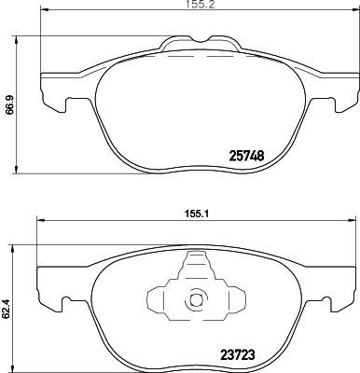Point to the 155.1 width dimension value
coord(194,212)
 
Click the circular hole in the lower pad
coord(196,300)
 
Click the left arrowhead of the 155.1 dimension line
coord(39,220)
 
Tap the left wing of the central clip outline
coord(155,300)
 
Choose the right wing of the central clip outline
coord(235,300)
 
